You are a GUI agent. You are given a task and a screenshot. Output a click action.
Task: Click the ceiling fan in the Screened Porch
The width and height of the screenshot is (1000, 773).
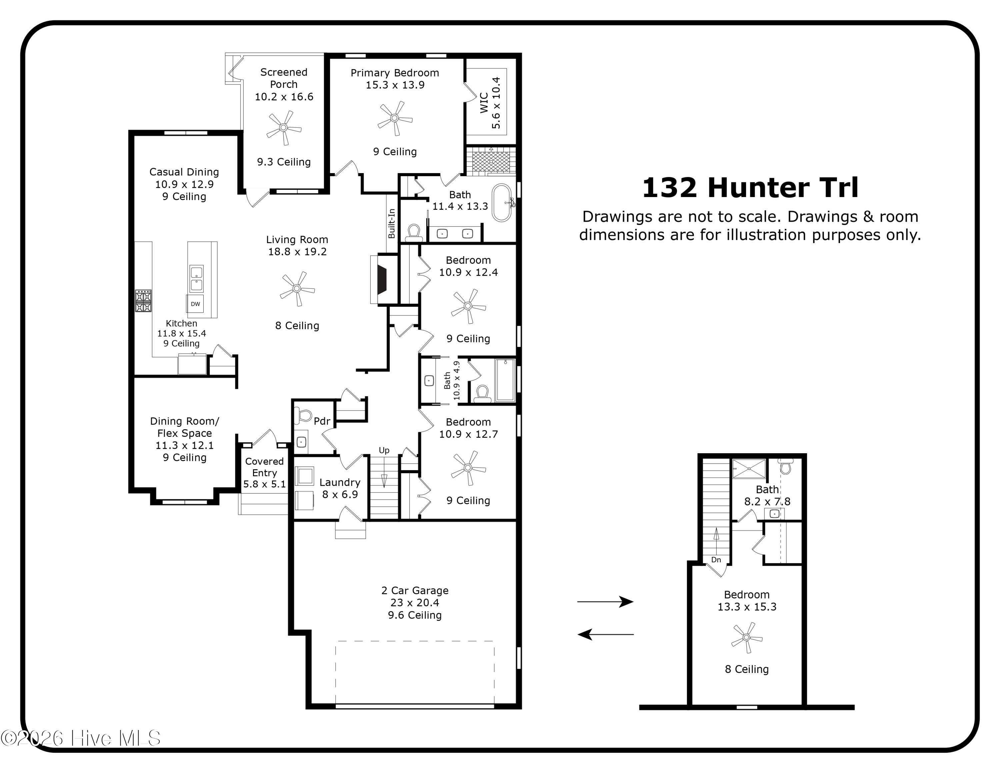(x=283, y=128)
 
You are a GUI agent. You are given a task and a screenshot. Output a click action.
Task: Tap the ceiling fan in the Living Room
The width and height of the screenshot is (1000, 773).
(x=297, y=288)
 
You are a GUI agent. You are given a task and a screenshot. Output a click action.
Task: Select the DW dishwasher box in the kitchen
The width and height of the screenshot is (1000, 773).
(x=196, y=303)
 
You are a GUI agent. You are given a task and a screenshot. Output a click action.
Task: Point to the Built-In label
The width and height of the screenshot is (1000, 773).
(x=391, y=223)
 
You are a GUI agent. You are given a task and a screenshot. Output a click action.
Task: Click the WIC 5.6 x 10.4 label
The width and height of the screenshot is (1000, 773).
(x=490, y=103)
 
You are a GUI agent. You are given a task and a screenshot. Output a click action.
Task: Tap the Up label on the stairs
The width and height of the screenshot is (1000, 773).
(x=384, y=451)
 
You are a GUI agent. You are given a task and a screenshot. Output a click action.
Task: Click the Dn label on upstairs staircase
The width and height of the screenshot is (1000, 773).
(x=716, y=560)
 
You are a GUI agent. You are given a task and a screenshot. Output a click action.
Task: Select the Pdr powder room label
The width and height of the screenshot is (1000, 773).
(x=322, y=421)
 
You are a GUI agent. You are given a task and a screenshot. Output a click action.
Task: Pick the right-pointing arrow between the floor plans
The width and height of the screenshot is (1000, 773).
(x=605, y=601)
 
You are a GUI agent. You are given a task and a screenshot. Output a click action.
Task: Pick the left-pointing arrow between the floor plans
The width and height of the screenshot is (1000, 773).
(x=605, y=634)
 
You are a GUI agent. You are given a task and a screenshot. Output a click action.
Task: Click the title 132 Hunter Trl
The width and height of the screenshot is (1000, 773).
(x=750, y=188)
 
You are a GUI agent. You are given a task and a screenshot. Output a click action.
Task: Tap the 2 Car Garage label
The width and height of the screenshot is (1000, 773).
(x=415, y=602)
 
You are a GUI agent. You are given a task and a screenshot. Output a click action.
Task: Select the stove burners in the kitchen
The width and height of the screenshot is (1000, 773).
(x=143, y=301)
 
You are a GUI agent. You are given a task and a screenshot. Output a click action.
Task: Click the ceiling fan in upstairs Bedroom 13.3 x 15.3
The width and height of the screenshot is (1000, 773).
(x=746, y=638)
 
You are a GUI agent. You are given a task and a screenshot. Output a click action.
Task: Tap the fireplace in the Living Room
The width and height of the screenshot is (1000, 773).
(x=381, y=279)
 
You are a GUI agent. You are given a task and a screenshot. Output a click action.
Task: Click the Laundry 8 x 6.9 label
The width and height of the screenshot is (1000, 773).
(x=340, y=488)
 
